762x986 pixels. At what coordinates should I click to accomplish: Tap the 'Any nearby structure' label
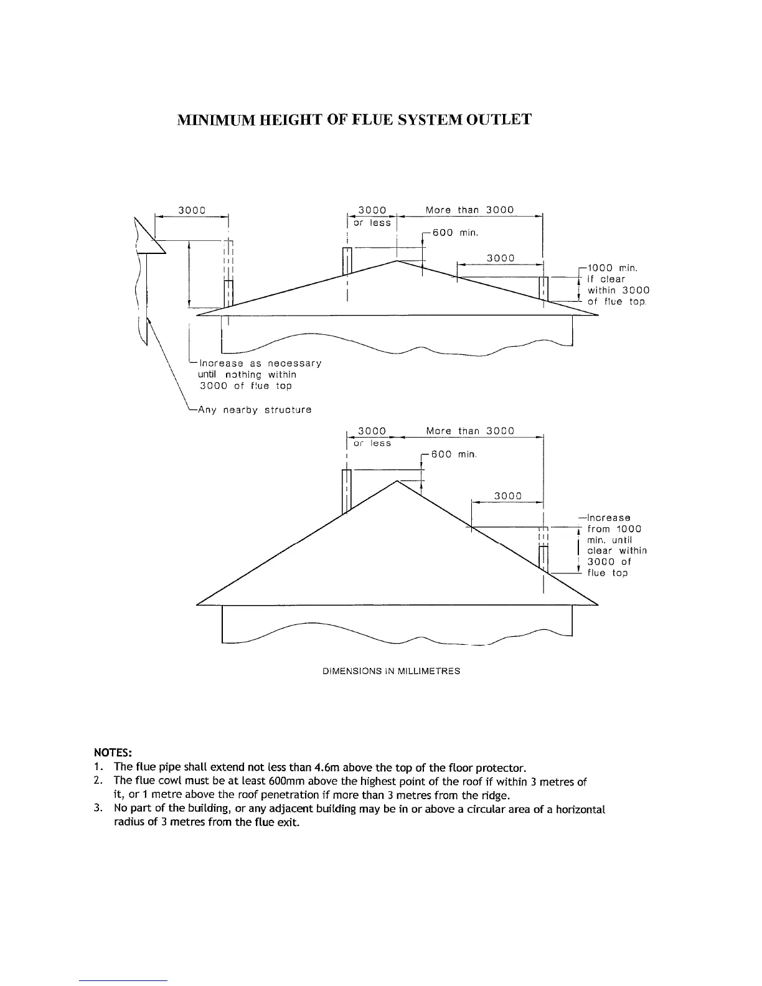[x=254, y=410]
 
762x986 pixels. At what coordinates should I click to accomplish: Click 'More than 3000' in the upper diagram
[x=469, y=210]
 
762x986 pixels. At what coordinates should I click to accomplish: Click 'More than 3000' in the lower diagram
[x=470, y=431]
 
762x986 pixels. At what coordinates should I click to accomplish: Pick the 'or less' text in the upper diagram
[x=372, y=222]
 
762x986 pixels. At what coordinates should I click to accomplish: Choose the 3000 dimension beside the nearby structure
[x=192, y=210]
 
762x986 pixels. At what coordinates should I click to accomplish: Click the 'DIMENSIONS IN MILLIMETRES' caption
[x=392, y=672]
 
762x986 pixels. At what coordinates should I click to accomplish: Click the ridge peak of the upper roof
[x=397, y=261]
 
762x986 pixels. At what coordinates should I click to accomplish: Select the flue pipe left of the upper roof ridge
[x=347, y=261]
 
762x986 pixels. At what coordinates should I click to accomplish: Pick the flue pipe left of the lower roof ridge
[x=347, y=491]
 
